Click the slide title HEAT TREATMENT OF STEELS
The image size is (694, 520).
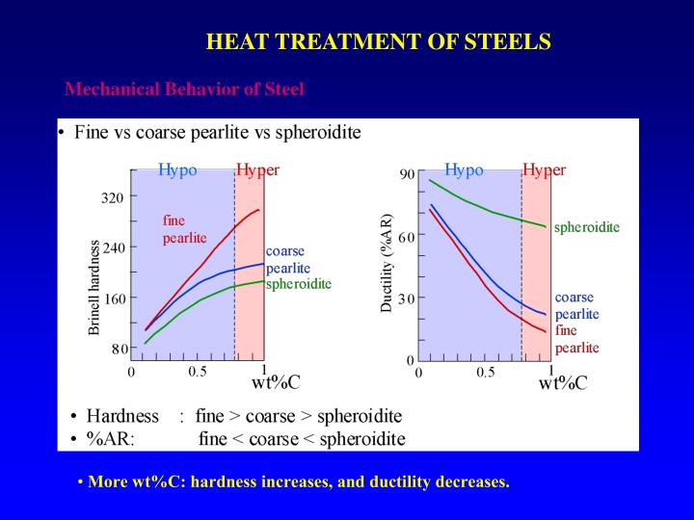379,41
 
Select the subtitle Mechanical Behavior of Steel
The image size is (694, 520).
184,91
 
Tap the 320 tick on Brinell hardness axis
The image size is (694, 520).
113,198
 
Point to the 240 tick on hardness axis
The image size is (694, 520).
113,247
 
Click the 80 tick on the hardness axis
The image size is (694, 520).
118,349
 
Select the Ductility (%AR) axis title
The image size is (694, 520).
387,263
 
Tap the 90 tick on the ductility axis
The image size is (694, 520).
407,174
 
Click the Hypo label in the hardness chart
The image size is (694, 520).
177,170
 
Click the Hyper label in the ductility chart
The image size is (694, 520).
545,170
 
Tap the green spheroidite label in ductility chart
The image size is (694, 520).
586,227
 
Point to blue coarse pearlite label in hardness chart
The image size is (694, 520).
287,259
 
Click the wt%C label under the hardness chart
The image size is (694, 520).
276,382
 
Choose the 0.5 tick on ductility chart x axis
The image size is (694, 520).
485,372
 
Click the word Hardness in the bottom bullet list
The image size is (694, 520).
122,417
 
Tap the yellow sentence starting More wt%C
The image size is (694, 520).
298,481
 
